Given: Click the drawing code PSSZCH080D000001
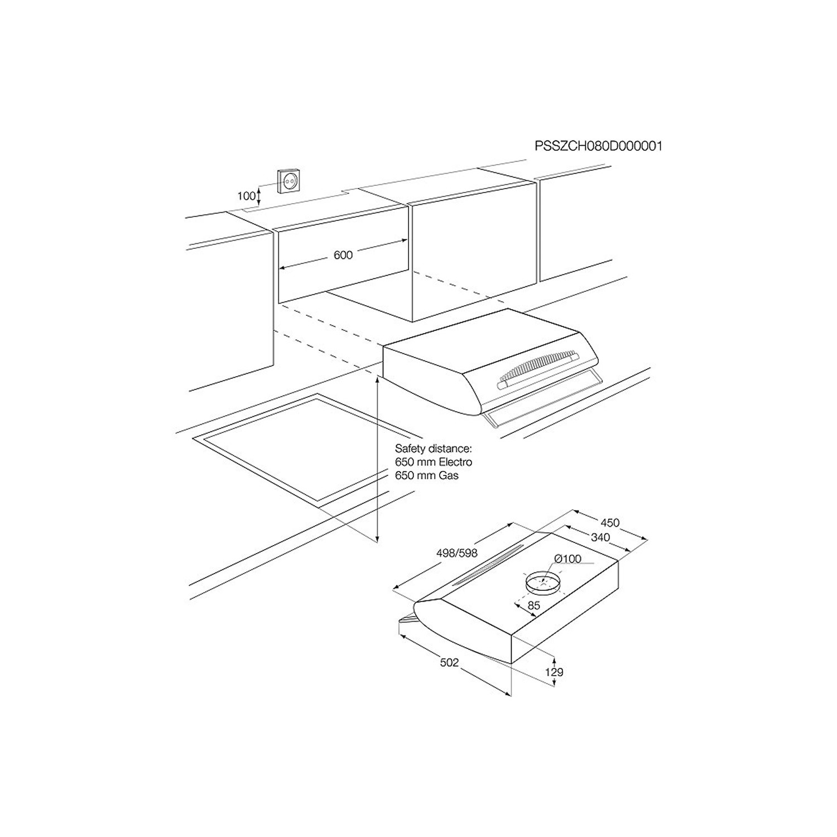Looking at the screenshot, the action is [x=598, y=146].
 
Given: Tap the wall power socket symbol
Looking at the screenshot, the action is [x=291, y=180].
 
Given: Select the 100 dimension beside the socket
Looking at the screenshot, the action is [x=246, y=196].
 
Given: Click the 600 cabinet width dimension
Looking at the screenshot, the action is [x=343, y=255].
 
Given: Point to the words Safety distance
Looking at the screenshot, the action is [x=434, y=448].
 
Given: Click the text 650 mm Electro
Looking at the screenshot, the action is [x=434, y=462].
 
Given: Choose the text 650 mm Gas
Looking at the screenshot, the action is [x=427, y=475].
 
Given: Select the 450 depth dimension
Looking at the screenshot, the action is [x=610, y=523].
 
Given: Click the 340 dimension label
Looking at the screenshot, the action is [x=600, y=537].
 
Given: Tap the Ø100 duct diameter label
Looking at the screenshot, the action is [x=568, y=559].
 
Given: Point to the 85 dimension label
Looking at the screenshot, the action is [x=534, y=605].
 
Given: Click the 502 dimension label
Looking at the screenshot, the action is [x=449, y=662].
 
